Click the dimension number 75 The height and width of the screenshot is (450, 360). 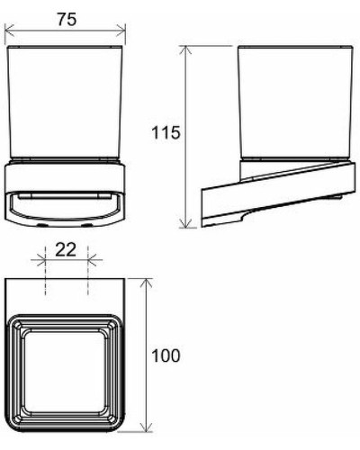[x=66, y=19]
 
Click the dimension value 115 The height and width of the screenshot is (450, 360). [x=167, y=132]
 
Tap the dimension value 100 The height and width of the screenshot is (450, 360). [x=166, y=355]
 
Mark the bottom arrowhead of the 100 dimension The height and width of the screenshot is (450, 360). [x=147, y=427]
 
